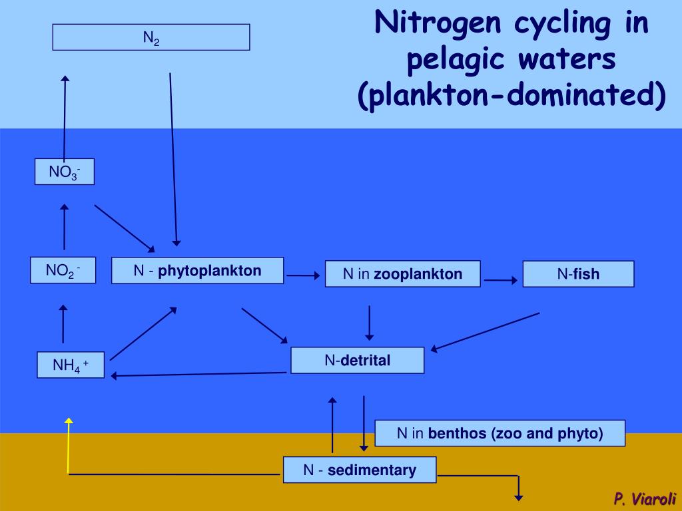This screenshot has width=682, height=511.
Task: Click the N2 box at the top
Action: (151, 37)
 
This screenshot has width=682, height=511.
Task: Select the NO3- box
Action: (65, 172)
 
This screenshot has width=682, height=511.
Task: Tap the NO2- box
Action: (63, 270)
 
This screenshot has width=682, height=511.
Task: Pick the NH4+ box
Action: (71, 365)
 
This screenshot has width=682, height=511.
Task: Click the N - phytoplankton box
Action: (197, 271)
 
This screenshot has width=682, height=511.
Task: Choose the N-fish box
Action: (578, 273)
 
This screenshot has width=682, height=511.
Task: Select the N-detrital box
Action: (357, 361)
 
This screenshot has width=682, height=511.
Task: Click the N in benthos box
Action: (500, 434)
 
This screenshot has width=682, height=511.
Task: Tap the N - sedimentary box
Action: (360, 470)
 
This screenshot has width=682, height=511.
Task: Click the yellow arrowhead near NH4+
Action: (68, 422)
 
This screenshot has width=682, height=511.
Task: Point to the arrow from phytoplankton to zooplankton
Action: (303, 275)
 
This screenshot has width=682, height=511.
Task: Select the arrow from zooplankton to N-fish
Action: (500, 280)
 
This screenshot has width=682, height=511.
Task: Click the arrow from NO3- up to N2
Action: (65, 116)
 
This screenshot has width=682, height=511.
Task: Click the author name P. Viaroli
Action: (645, 498)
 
